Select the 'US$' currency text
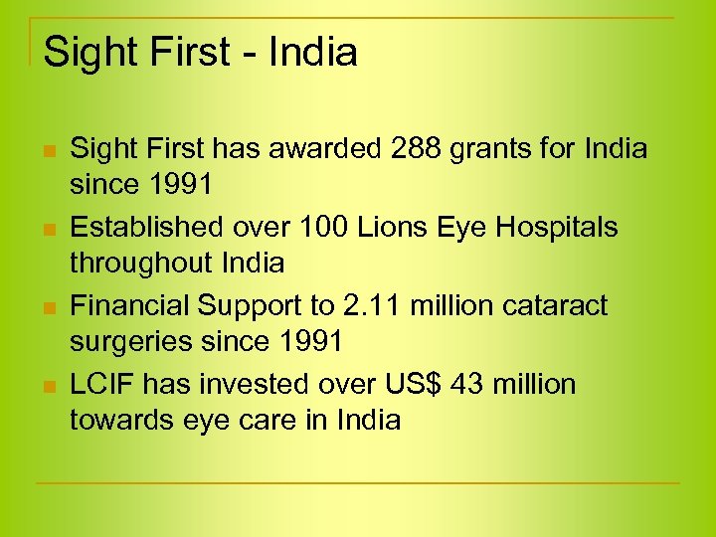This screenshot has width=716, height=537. click(441, 384)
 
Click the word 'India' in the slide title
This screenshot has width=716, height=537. click(311, 53)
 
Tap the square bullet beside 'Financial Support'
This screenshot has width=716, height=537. click(47, 308)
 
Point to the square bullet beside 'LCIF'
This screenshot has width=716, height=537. click(47, 386)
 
